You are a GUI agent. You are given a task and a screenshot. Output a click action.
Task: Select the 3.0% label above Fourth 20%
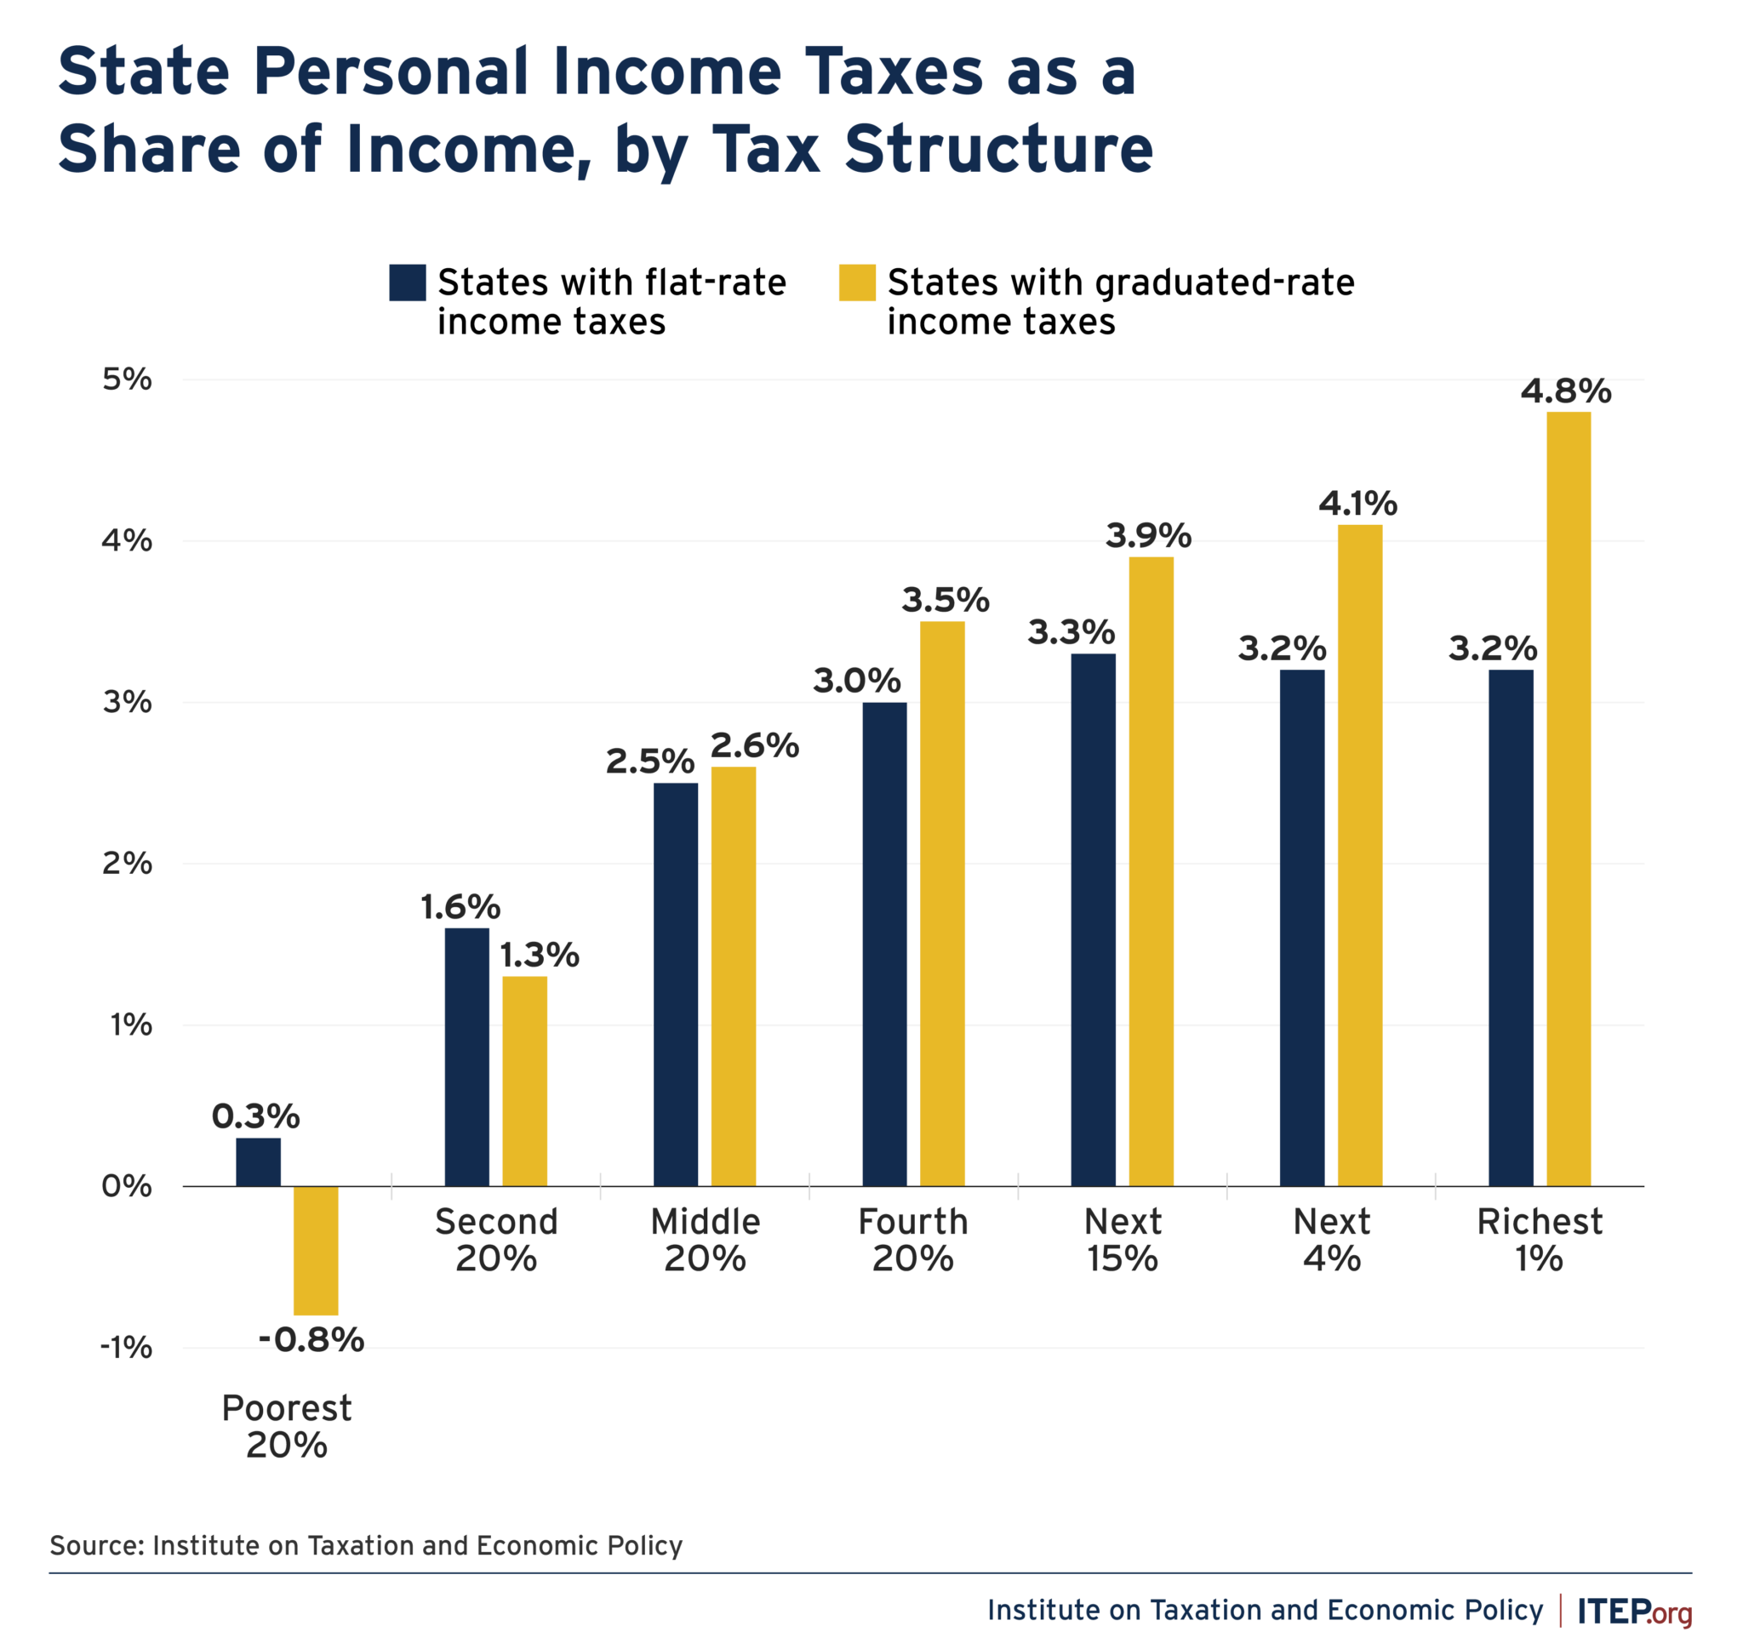point(856,681)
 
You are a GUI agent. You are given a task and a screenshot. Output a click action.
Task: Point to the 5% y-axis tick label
point(128,379)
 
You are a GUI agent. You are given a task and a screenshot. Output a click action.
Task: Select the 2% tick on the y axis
point(128,863)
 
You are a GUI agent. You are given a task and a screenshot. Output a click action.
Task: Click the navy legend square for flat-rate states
point(408,283)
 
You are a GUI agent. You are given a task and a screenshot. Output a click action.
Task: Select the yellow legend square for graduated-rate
point(857,283)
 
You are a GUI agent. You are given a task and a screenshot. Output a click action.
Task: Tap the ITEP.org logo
point(1634,1612)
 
